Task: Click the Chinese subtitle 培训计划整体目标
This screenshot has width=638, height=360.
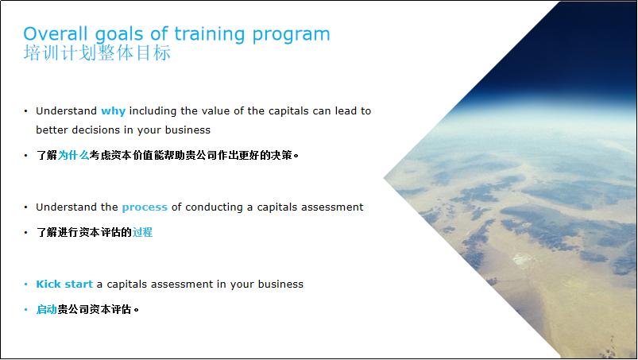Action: coord(97,53)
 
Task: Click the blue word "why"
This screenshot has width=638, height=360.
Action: coord(113,111)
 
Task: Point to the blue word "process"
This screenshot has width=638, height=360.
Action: coord(145,208)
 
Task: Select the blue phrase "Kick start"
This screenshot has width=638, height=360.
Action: coord(64,284)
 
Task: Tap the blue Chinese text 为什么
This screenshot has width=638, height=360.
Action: coord(73,155)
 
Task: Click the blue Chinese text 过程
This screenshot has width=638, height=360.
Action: coord(142,232)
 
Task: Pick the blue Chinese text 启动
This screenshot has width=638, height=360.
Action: coord(46,310)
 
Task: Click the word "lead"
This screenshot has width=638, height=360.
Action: coord(346,110)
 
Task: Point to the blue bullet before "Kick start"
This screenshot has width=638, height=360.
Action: coord(26,285)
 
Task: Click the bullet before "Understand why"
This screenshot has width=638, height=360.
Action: coord(26,111)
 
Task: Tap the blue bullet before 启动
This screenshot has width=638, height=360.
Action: coord(26,310)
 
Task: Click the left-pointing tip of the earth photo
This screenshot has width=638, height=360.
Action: coord(384,178)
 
